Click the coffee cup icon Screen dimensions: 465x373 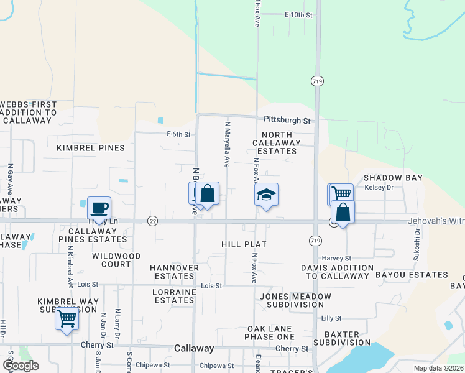pyautogui.click(x=99, y=208)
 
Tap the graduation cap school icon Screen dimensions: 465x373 pyautogui.click(x=266, y=195)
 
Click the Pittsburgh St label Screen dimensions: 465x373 pyautogui.click(x=287, y=120)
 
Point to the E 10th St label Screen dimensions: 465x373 pyautogui.click(x=298, y=14)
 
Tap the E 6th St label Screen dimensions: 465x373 pyautogui.click(x=177, y=134)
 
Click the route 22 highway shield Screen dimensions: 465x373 pyautogui.click(x=152, y=221)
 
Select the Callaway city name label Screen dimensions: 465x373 pyautogui.click(x=194, y=349)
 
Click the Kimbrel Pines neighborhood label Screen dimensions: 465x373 pyautogui.click(x=91, y=148)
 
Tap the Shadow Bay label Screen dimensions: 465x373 pyautogui.click(x=393, y=178)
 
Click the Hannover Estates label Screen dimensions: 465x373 pyautogui.click(x=174, y=272)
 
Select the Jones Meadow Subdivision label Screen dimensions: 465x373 pyautogui.click(x=295, y=301)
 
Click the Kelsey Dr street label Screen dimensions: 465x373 pyautogui.click(x=379, y=187)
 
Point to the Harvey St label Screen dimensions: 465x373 pyautogui.click(x=336, y=258)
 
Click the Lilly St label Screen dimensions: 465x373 pyautogui.click(x=331, y=318)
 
